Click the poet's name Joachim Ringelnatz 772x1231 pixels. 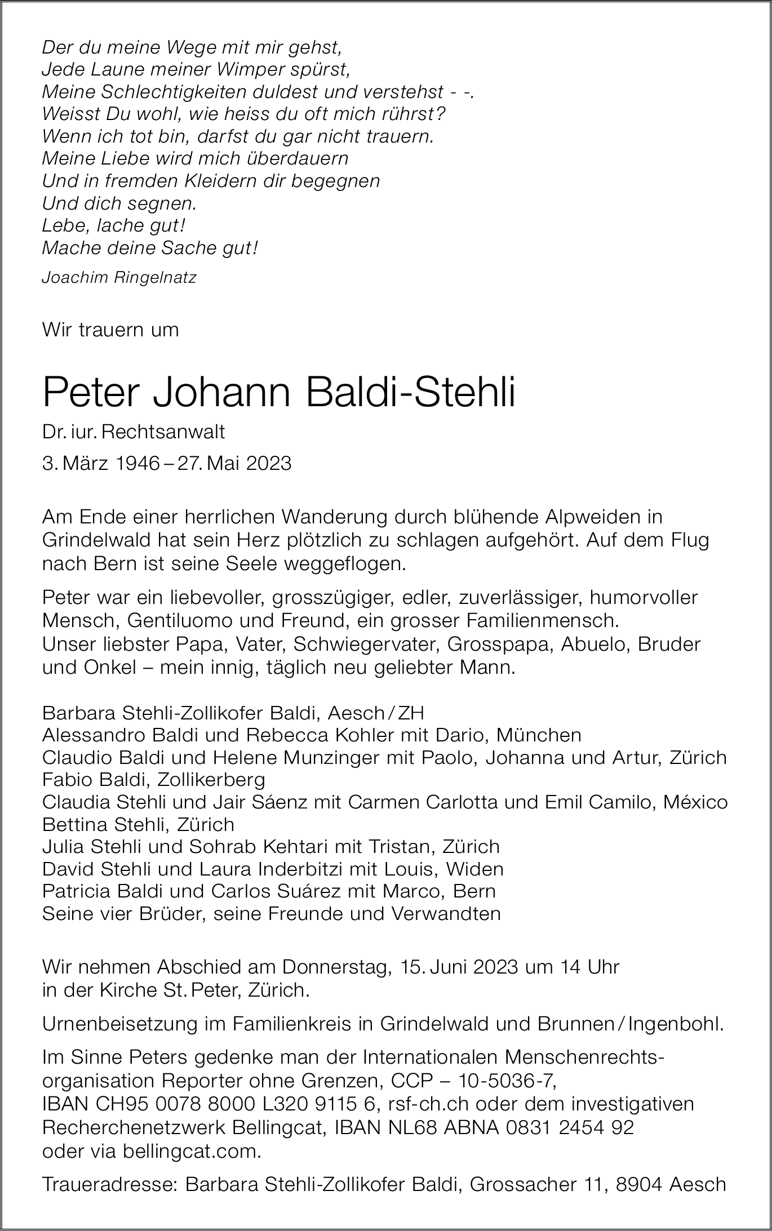tap(119, 278)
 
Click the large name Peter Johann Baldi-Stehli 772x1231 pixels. tap(279, 393)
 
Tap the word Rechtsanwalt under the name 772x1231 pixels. tap(163, 432)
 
